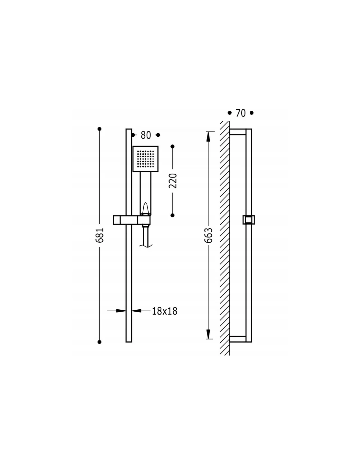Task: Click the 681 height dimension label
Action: (99, 235)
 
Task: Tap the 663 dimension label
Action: (208, 235)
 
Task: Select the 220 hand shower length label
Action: (172, 181)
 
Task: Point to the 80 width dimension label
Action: (146, 135)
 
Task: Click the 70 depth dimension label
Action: (241, 113)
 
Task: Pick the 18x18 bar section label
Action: (165, 311)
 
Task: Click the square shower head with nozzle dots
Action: (145, 159)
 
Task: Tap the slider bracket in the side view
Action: (249, 220)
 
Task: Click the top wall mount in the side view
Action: (238, 132)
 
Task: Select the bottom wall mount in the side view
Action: (238, 339)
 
